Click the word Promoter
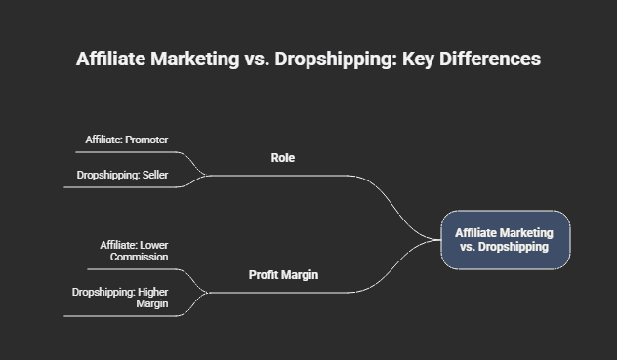click(x=146, y=140)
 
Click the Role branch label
click(x=282, y=158)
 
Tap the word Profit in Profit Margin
click(x=264, y=275)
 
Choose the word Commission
click(x=139, y=257)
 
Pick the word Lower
click(x=154, y=245)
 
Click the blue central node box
click(x=505, y=240)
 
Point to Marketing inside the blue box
click(x=526, y=233)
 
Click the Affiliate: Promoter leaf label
click(x=126, y=140)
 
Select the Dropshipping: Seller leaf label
click(x=122, y=176)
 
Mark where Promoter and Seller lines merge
click(x=206, y=176)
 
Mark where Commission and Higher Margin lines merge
click(x=206, y=292)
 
